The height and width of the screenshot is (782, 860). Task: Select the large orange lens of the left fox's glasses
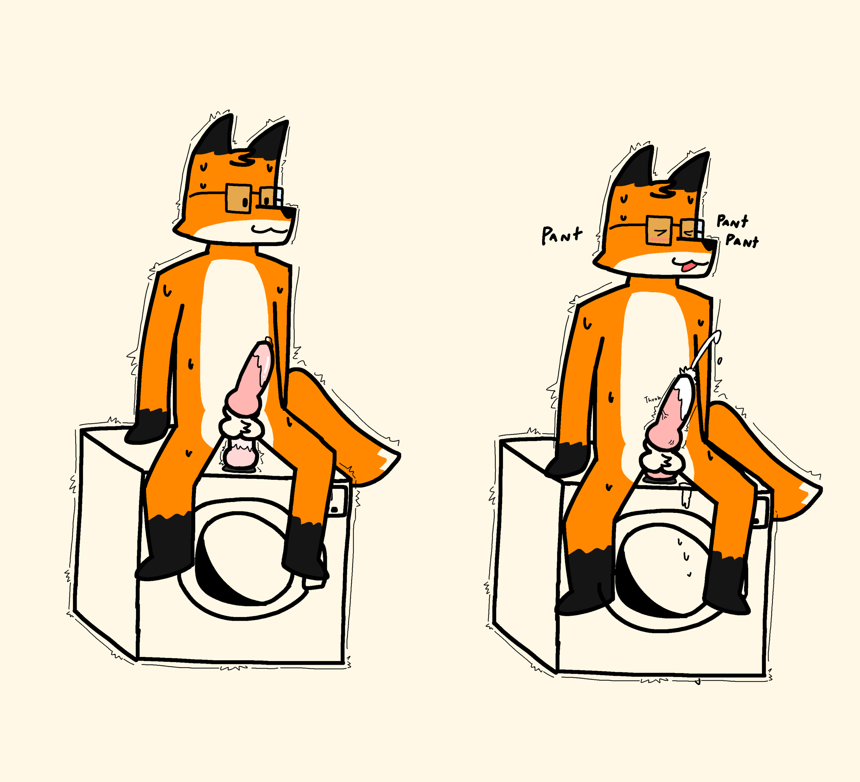click(240, 198)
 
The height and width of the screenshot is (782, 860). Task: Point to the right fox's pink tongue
click(687, 267)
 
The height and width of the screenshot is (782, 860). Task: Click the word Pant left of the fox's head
click(562, 235)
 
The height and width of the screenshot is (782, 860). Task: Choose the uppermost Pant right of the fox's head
click(732, 221)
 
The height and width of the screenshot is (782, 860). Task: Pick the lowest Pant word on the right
click(742, 241)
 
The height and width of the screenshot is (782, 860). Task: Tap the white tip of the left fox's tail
click(383, 463)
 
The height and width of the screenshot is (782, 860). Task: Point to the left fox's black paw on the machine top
click(147, 427)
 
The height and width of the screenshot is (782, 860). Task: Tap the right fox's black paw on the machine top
click(567, 460)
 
